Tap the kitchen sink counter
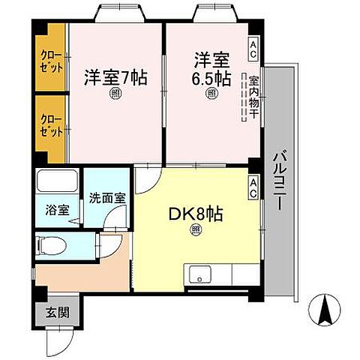pos(217,275)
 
